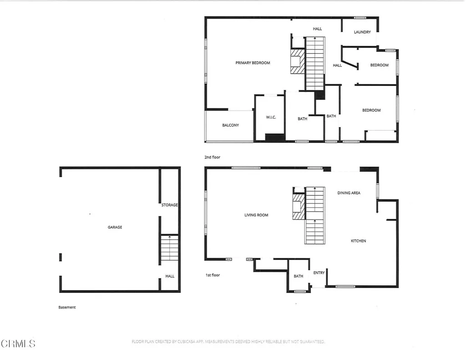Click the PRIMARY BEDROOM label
[x=253, y=63]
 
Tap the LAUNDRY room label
[x=362, y=32]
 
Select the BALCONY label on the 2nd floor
[x=230, y=125]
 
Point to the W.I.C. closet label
[x=271, y=118]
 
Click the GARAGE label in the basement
[x=115, y=227]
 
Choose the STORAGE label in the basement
[x=169, y=205]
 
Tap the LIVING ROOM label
[x=256, y=215]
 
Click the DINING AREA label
[x=349, y=193]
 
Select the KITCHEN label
[x=358, y=241]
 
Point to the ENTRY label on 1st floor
[x=319, y=273]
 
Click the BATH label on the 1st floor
[x=299, y=276]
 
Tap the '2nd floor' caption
[x=212, y=157]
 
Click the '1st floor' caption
[x=212, y=275]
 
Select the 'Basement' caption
[x=67, y=307]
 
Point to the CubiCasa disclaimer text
[x=228, y=341]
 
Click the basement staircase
[x=169, y=248]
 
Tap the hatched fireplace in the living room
[x=299, y=207]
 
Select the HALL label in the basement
[x=170, y=276]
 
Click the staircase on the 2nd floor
[x=314, y=64]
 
